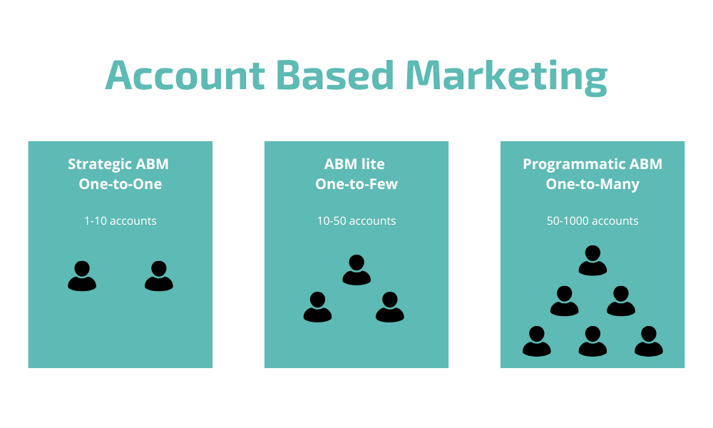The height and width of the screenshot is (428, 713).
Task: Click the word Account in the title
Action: (x=185, y=75)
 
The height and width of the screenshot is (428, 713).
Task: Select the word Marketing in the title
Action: (x=506, y=77)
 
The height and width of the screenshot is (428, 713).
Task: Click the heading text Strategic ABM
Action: (x=118, y=164)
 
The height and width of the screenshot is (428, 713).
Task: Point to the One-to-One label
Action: (x=120, y=184)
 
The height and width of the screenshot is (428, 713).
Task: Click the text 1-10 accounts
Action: (x=120, y=220)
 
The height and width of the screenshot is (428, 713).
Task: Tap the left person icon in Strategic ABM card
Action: (x=82, y=276)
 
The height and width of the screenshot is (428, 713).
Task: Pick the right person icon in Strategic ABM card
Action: (x=159, y=276)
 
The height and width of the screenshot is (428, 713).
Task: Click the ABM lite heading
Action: (x=354, y=164)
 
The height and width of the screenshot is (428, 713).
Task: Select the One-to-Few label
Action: (x=356, y=184)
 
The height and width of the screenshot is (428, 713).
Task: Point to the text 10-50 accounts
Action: (x=356, y=220)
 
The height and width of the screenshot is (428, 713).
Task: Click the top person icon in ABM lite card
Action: (x=356, y=270)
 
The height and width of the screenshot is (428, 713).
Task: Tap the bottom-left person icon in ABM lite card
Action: (x=317, y=307)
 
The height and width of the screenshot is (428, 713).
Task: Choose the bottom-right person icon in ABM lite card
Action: (x=390, y=307)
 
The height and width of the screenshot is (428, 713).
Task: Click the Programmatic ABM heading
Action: (x=593, y=164)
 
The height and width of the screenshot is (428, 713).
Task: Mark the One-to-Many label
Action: (x=593, y=184)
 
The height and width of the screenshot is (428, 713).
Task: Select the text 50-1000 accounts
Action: (x=593, y=220)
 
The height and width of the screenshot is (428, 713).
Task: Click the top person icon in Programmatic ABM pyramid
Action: (x=593, y=260)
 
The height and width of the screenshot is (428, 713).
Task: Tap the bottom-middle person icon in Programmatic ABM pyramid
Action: (x=593, y=341)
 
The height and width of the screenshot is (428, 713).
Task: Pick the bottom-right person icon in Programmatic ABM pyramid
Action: (x=648, y=341)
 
